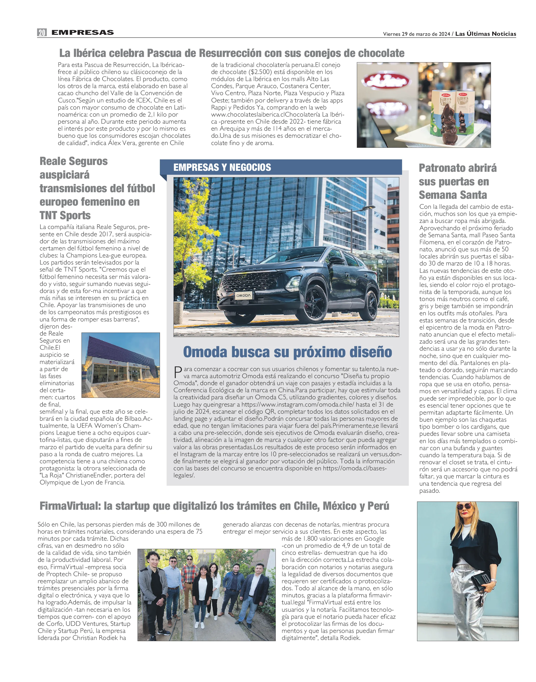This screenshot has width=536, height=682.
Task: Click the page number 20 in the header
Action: [x=42, y=32]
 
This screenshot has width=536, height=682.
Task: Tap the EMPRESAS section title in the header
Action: [x=82, y=32]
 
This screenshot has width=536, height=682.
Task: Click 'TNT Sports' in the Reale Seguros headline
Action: [x=65, y=215]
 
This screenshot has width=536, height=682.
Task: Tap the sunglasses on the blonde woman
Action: [x=465, y=507]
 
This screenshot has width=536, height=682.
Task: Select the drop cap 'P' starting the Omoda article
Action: [x=178, y=373]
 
